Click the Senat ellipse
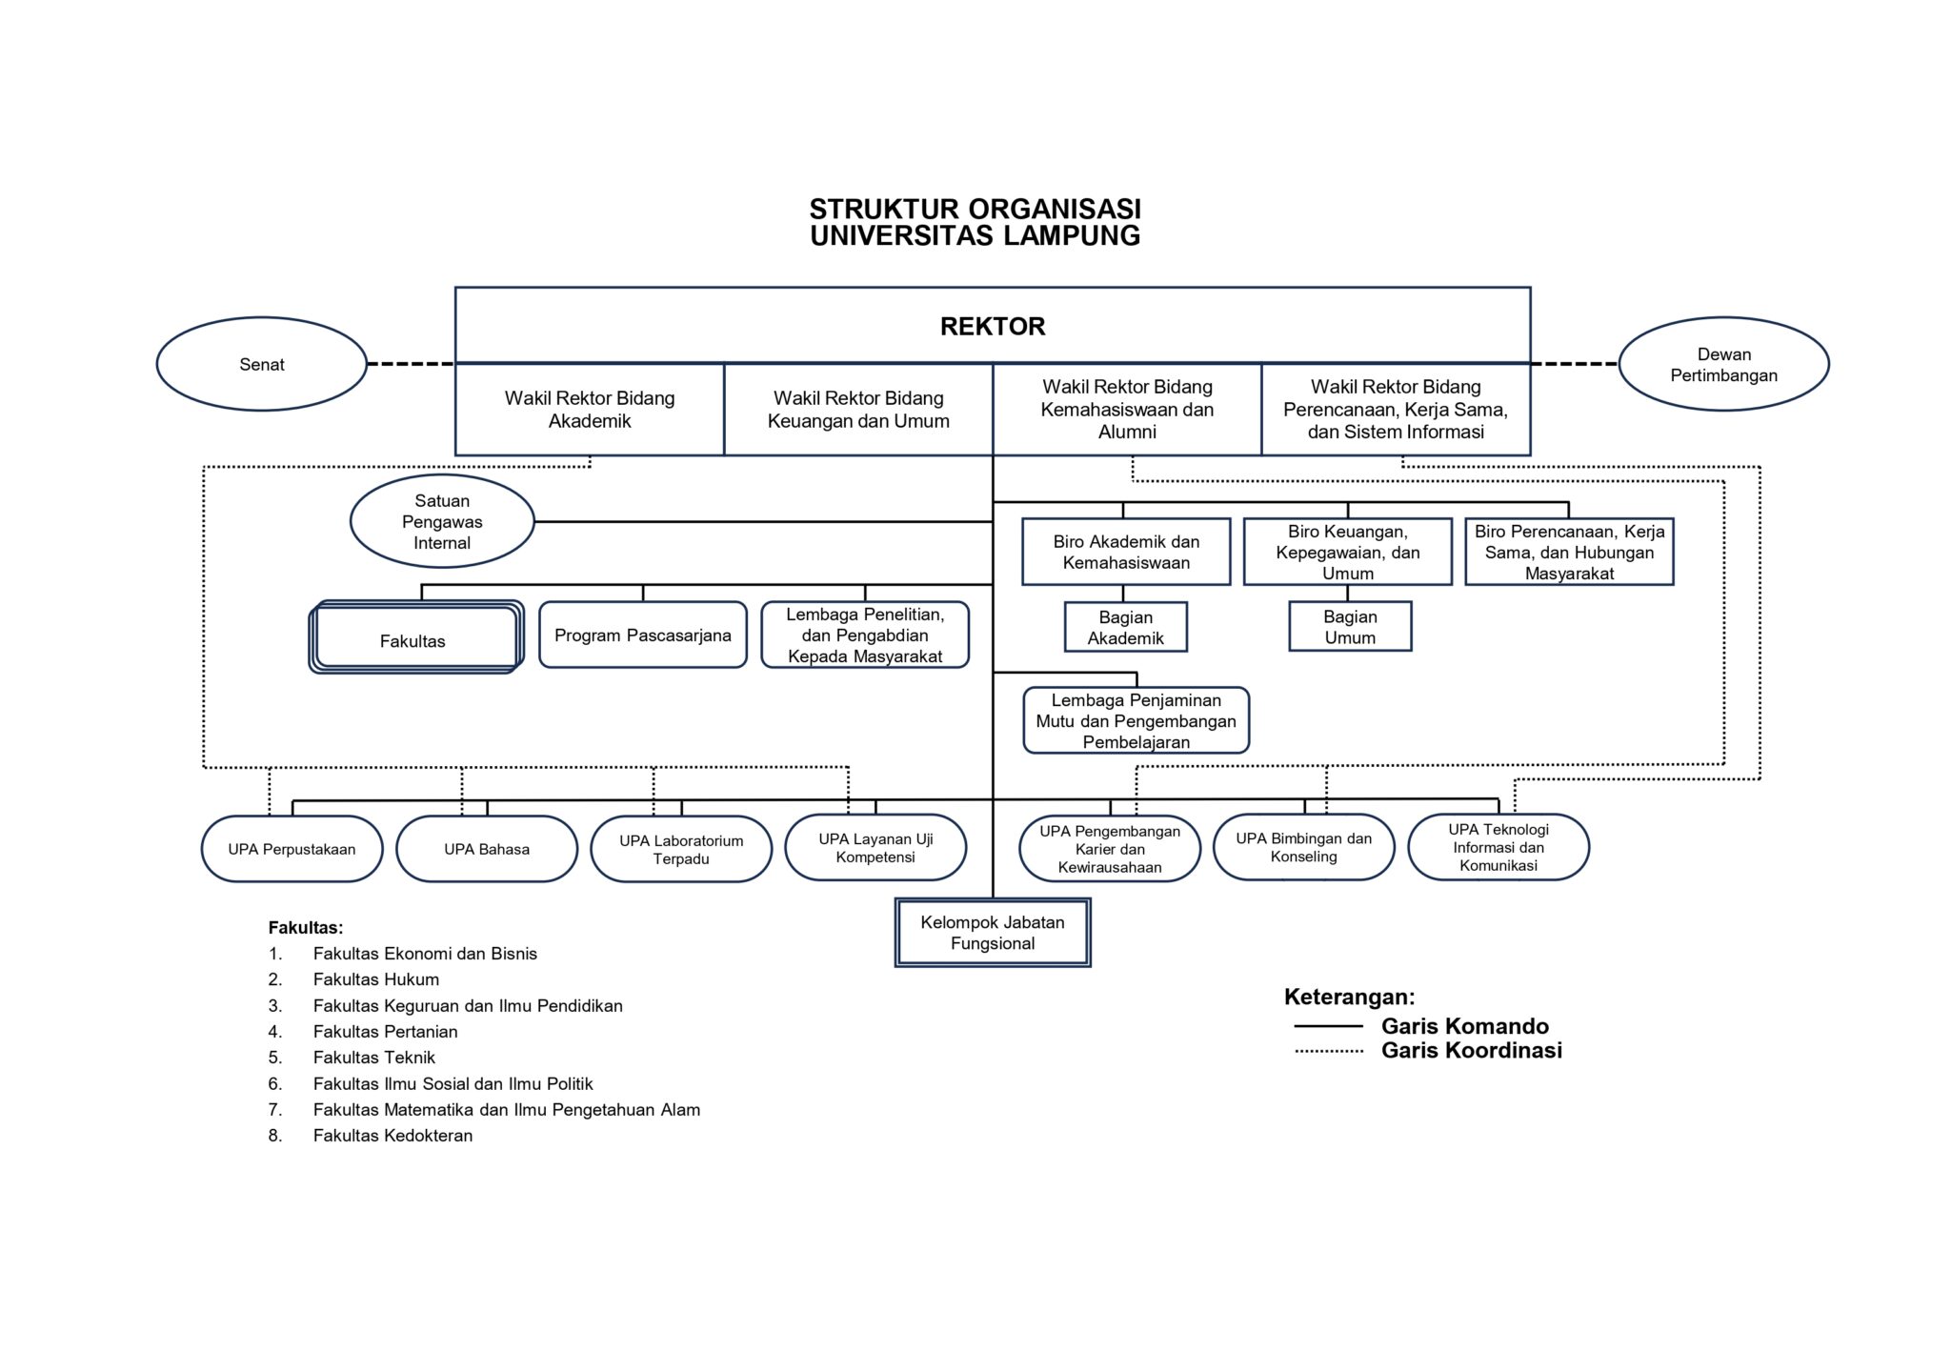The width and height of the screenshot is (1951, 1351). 261,364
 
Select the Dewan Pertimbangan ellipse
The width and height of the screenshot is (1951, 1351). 1723,364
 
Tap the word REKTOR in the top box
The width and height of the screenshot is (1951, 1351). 993,327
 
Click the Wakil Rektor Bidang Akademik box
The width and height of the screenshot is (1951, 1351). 590,410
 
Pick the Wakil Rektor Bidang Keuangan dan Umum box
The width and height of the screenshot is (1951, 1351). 858,410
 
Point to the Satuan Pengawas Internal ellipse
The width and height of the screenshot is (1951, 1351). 442,521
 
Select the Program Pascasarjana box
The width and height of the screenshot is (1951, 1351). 643,635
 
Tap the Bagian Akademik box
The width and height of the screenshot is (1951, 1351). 1125,628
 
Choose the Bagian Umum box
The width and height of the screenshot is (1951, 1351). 1350,627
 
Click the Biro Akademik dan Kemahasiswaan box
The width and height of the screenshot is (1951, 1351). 1126,552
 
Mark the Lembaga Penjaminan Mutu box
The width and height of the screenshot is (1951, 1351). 1136,721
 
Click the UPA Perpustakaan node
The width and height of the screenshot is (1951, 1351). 292,849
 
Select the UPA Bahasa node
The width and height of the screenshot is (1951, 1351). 487,849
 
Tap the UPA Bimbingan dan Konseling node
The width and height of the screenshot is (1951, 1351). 1303,847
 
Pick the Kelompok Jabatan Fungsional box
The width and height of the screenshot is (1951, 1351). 993,933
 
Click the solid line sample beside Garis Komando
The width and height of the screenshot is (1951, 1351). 1328,1026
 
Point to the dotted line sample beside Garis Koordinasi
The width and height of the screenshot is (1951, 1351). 1328,1051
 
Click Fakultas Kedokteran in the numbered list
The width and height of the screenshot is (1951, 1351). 392,1136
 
